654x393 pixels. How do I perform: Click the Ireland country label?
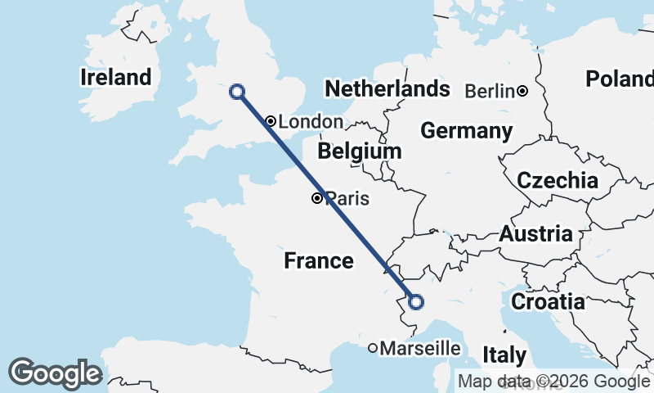point(116,78)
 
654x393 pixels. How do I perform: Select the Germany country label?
point(466,131)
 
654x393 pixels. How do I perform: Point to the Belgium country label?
point(360,151)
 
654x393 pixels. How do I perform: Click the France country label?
point(319,261)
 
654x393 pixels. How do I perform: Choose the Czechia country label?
point(558,180)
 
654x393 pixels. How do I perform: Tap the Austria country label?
point(536,234)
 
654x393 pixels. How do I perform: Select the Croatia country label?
point(548,301)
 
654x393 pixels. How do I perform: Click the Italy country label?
point(504,355)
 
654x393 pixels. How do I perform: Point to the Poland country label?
point(619,79)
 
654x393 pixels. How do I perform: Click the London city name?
point(311,122)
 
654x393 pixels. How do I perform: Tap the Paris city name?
point(347,198)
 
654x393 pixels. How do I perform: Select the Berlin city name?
point(490,91)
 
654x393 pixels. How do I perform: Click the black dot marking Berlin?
point(522,91)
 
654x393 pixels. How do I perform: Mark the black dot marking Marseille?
point(373,349)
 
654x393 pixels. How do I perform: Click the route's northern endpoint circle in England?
point(237,92)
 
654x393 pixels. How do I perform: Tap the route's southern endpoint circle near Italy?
point(415,302)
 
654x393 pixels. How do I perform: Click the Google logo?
point(54,373)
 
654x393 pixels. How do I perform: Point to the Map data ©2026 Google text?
point(553,381)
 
